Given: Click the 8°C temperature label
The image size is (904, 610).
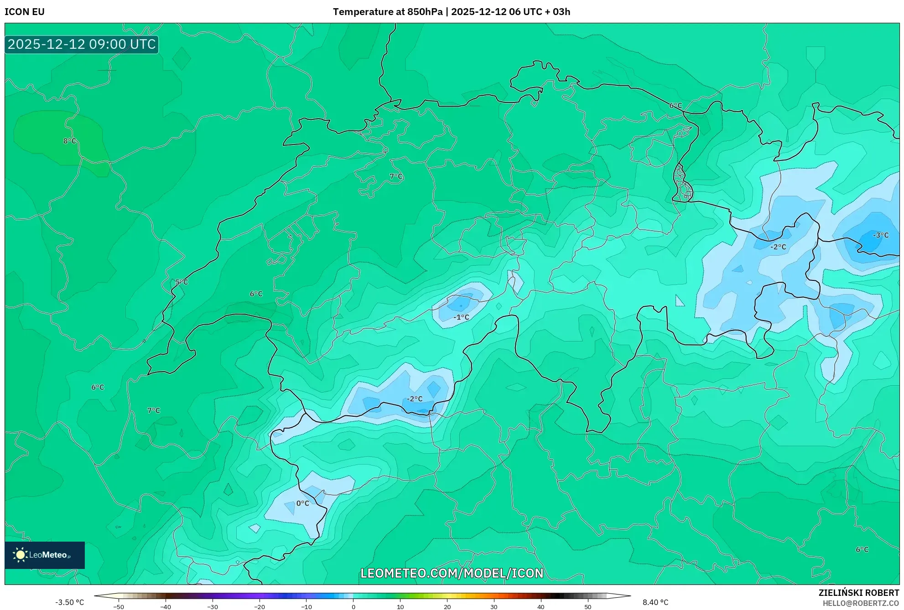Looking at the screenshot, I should pyautogui.click(x=70, y=141).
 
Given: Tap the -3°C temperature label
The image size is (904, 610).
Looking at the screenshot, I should pyautogui.click(x=881, y=235).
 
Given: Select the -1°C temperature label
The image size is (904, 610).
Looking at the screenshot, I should pyautogui.click(x=461, y=317).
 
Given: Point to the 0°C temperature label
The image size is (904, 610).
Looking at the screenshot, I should pyautogui.click(x=302, y=503).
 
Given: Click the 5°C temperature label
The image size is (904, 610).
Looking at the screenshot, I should pyautogui.click(x=182, y=282).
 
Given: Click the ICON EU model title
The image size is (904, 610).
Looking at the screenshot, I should pyautogui.click(x=25, y=12).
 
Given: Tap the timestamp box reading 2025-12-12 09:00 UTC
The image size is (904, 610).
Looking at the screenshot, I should pyautogui.click(x=82, y=44).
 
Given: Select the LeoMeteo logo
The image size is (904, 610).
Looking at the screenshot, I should pyautogui.click(x=45, y=555).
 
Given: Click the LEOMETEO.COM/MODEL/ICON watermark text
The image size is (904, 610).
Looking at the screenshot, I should pyautogui.click(x=452, y=573).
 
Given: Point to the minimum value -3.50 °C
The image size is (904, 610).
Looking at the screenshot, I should pyautogui.click(x=70, y=602).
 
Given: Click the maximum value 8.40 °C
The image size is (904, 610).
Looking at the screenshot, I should pyautogui.click(x=655, y=602).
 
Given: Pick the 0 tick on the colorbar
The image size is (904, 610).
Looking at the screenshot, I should pyautogui.click(x=353, y=606).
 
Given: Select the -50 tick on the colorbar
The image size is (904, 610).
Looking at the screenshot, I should pyautogui.click(x=119, y=606).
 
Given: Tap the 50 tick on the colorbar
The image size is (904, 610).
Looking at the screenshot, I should pyautogui.click(x=587, y=606).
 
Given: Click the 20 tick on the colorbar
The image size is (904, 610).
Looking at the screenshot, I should pyautogui.click(x=447, y=606).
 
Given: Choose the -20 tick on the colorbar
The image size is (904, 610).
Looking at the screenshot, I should pyautogui.click(x=259, y=606).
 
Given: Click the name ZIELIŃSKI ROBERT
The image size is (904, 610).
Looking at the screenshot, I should pyautogui.click(x=859, y=593).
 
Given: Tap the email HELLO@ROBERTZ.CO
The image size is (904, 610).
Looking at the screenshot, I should pyautogui.click(x=861, y=603).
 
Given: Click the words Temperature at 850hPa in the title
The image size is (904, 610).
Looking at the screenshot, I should pyautogui.click(x=388, y=12).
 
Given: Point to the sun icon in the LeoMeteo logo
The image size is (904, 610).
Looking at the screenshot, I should pyautogui.click(x=20, y=555).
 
